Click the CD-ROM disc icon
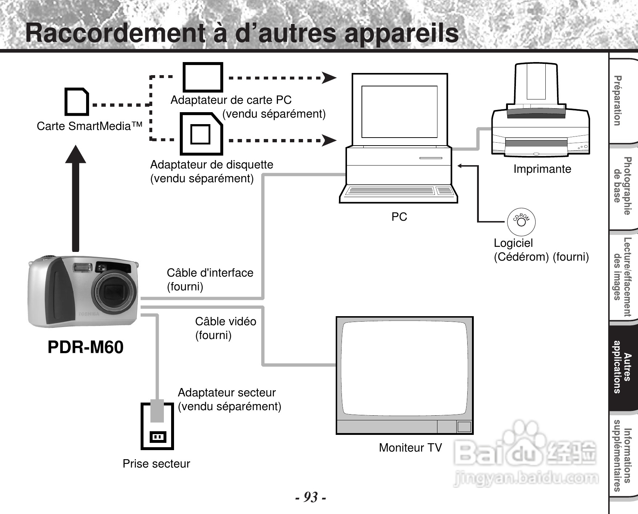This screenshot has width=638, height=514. pyautogui.click(x=521, y=221)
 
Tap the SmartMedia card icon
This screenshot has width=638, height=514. pyautogui.click(x=77, y=101)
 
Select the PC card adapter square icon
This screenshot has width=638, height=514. pyautogui.click(x=202, y=77)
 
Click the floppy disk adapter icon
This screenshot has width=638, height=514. pyautogui.click(x=201, y=134)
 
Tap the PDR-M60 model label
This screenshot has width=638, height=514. pyautogui.click(x=85, y=347)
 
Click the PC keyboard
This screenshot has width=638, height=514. pyautogui.click(x=399, y=191)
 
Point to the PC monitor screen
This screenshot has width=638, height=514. pyautogui.click(x=399, y=111)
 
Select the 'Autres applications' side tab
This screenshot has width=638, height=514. pyautogui.click(x=623, y=367)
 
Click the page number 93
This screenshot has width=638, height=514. pyautogui.click(x=310, y=497)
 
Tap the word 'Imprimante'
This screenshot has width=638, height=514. pyautogui.click(x=542, y=169)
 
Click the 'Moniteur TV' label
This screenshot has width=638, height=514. pyautogui.click(x=410, y=448)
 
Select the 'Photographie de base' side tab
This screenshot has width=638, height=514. pyautogui.click(x=623, y=186)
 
